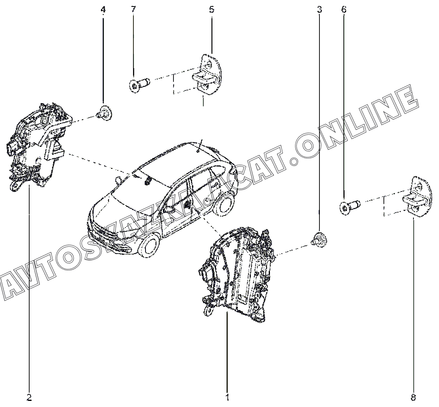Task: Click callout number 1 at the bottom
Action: click(x=227, y=396)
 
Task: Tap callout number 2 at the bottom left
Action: click(x=29, y=397)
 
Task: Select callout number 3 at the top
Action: click(x=319, y=9)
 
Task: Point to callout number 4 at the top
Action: click(x=103, y=9)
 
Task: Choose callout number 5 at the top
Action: click(x=212, y=9)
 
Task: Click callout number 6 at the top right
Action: click(x=344, y=9)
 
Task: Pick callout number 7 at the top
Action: click(x=133, y=9)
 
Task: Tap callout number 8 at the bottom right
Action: click(x=413, y=397)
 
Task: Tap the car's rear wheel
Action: click(x=224, y=203)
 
